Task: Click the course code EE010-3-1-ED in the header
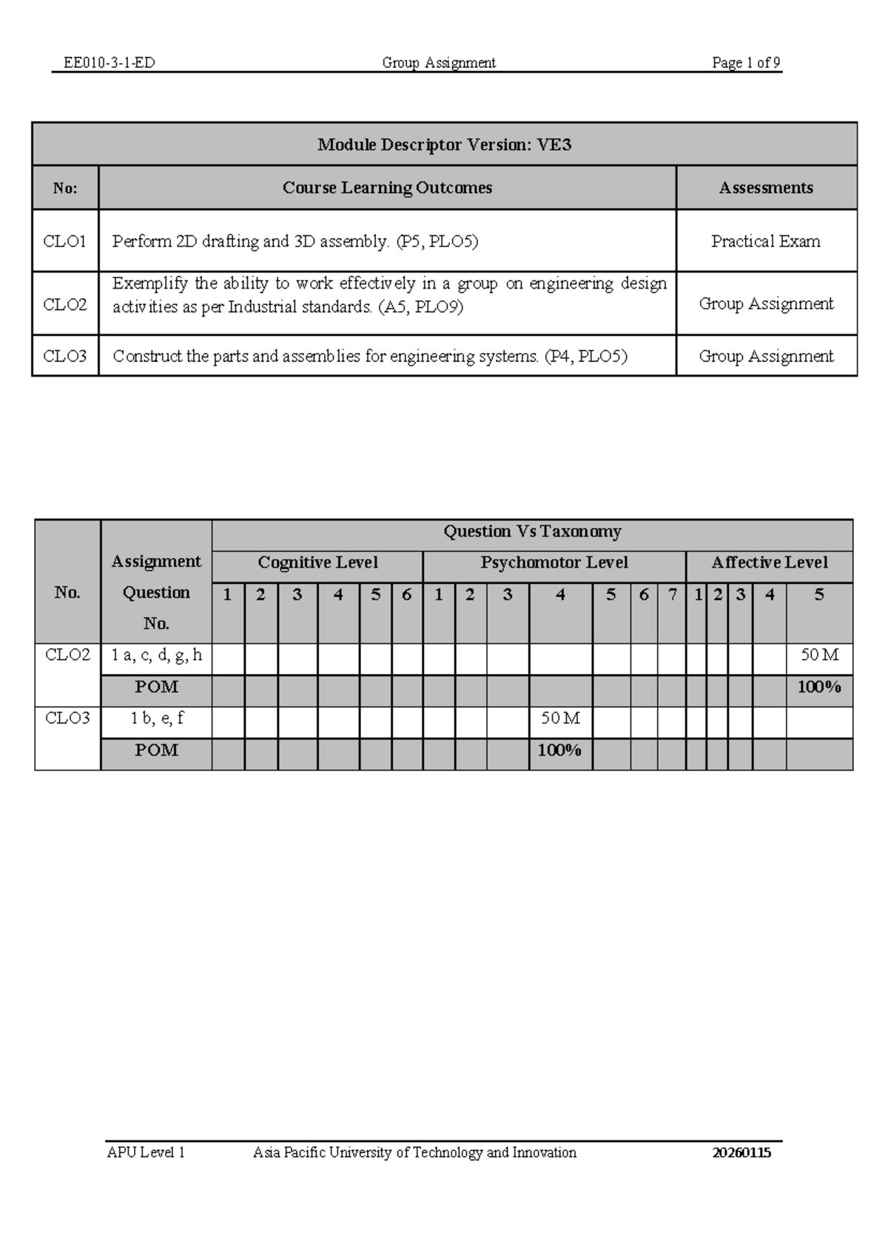coord(110,63)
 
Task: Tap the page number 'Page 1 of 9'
coord(746,63)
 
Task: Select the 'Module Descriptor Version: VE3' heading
coord(444,144)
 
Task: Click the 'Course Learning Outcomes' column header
coord(387,188)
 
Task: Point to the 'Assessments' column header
coord(766,188)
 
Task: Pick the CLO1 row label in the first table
coord(65,241)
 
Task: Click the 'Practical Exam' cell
coord(766,241)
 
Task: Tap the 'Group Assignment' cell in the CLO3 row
coord(766,357)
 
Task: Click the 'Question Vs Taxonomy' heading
coord(532,531)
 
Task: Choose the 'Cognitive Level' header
coord(317,563)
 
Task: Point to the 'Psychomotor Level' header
coord(554,563)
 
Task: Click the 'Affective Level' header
coord(769,563)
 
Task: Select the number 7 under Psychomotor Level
coord(672,595)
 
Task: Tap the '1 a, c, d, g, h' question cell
coord(156,656)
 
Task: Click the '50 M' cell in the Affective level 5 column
coord(819,656)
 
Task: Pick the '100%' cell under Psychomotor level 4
coord(559,750)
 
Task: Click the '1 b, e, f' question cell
coord(156,719)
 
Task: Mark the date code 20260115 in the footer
coord(741,1152)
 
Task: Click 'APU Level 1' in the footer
coord(146,1152)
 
